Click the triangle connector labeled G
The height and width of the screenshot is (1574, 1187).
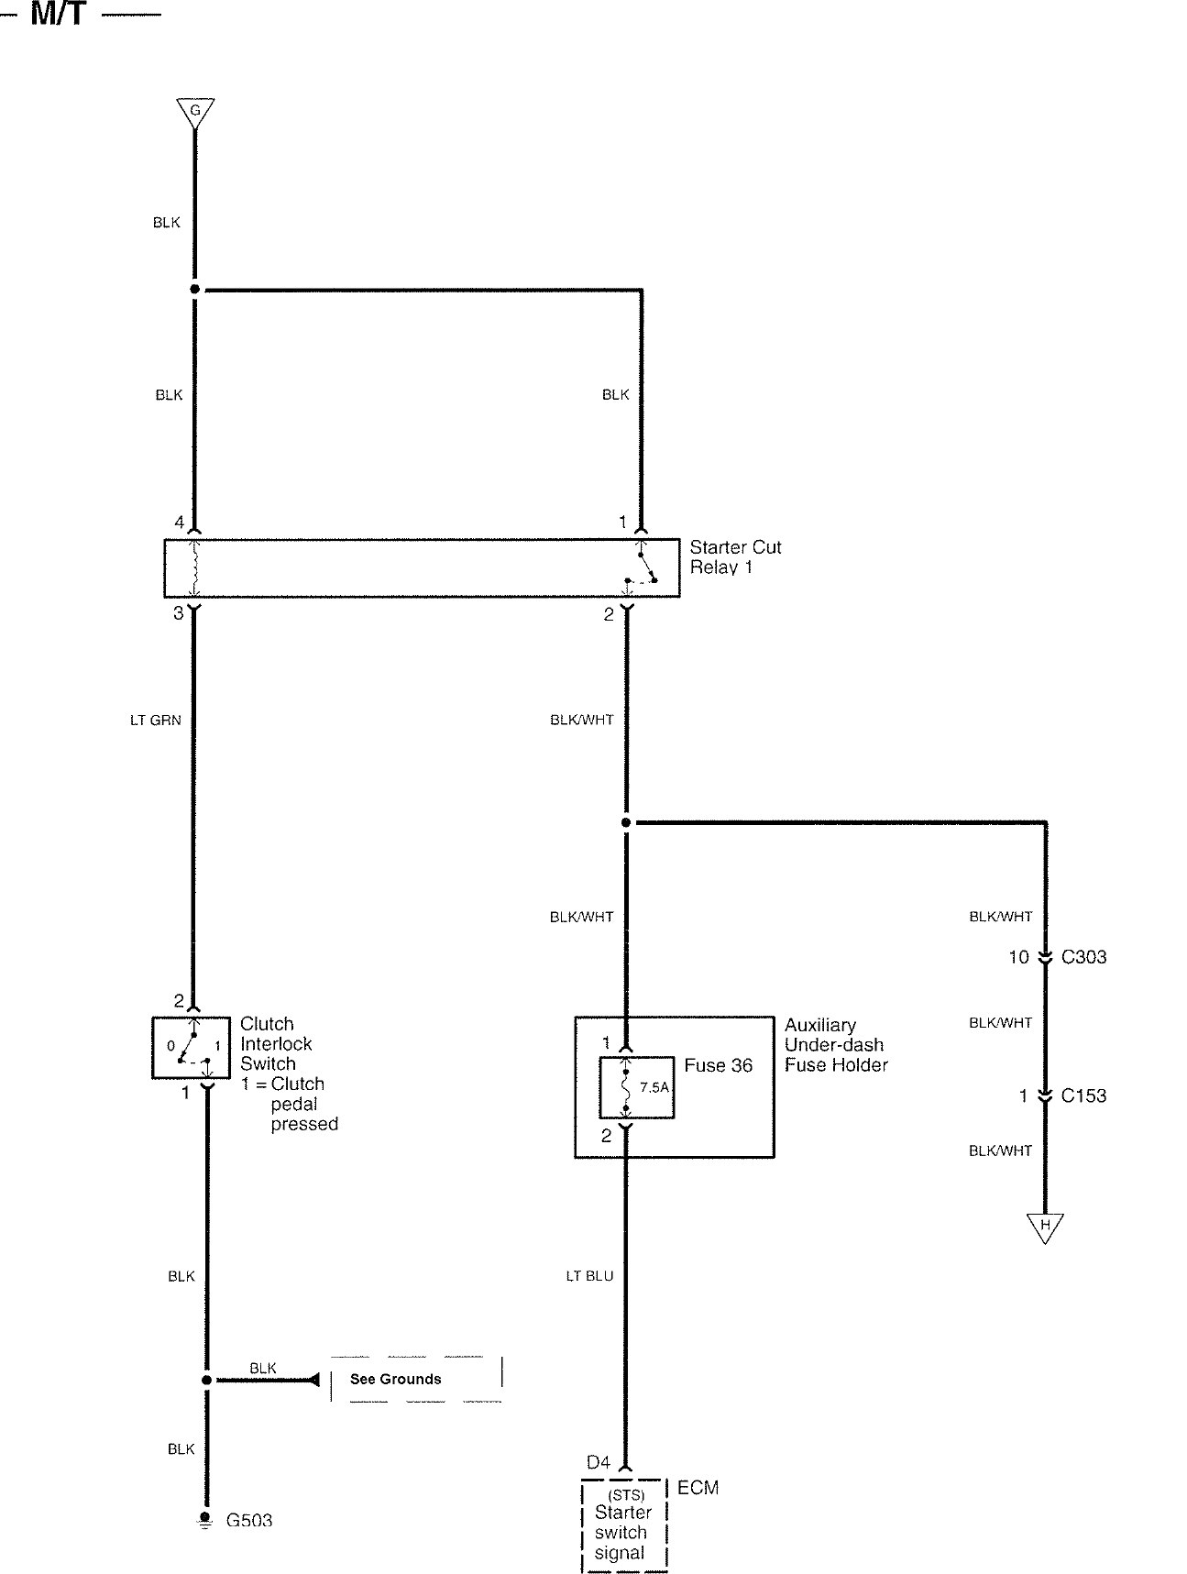pos(195,112)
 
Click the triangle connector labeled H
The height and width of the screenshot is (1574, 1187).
pos(1044,1227)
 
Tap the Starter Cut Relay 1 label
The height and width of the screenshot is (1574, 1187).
pos(735,557)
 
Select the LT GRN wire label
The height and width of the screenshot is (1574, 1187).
pos(156,721)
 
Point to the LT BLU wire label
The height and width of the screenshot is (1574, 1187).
pos(589,1276)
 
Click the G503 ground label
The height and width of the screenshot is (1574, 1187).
pos(249,1521)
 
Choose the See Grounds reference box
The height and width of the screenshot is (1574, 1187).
pos(415,1379)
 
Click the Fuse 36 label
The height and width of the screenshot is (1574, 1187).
pos(718,1065)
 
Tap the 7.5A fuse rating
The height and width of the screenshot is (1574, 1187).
pos(654,1088)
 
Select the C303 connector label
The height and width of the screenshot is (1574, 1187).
pos(1083,957)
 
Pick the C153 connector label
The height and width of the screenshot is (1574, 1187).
pos(1083,1095)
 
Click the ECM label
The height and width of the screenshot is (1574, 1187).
pos(698,1488)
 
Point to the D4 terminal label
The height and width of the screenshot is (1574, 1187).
pos(598,1462)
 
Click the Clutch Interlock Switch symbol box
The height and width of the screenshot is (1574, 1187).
pos(191,1047)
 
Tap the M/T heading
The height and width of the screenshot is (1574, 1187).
pos(59,14)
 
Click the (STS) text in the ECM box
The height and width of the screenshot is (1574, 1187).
pos(625,1495)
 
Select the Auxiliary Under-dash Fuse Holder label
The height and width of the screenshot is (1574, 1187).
pos(835,1045)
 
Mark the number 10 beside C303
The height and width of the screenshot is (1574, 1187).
pos(1018,957)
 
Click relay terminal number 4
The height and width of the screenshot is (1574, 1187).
pos(180,523)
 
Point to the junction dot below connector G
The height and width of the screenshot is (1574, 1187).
pos(195,290)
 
